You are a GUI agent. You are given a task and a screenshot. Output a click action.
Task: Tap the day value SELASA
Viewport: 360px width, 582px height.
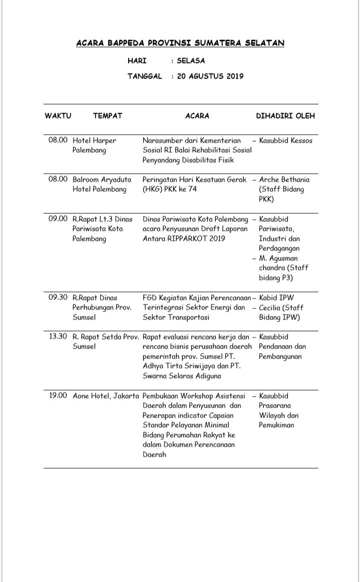pyautogui.click(x=191, y=61)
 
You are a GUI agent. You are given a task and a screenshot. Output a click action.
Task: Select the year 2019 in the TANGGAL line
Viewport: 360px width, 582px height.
pyautogui.click(x=232, y=76)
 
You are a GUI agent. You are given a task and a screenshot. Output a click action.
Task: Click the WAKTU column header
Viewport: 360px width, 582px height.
pyautogui.click(x=58, y=116)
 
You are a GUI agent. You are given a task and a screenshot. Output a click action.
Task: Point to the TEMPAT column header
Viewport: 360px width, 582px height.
pyautogui.click(x=108, y=116)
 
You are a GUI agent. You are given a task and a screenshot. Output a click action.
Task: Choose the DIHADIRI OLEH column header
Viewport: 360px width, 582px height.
pyautogui.click(x=285, y=116)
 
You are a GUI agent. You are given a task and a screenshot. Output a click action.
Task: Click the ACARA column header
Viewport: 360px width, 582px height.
pyautogui.click(x=197, y=116)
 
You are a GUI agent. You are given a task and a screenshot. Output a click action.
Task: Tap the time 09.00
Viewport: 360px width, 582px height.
pyautogui.click(x=58, y=219)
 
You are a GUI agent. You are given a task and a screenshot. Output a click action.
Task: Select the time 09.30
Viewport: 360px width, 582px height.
pyautogui.click(x=58, y=298)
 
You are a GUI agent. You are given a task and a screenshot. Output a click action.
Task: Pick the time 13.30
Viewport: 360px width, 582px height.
pyautogui.click(x=58, y=337)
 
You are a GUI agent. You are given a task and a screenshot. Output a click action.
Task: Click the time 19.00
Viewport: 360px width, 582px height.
pyautogui.click(x=58, y=396)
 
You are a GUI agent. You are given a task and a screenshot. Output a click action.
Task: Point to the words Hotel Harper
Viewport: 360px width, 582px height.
pyautogui.click(x=94, y=141)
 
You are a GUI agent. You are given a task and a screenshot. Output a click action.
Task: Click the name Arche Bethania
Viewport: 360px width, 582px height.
pyautogui.click(x=284, y=180)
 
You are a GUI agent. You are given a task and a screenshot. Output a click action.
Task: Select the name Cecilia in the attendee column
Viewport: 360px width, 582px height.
pyautogui.click(x=273, y=308)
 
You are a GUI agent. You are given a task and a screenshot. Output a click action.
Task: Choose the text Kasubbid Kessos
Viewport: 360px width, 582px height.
pyautogui.click(x=285, y=141)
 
